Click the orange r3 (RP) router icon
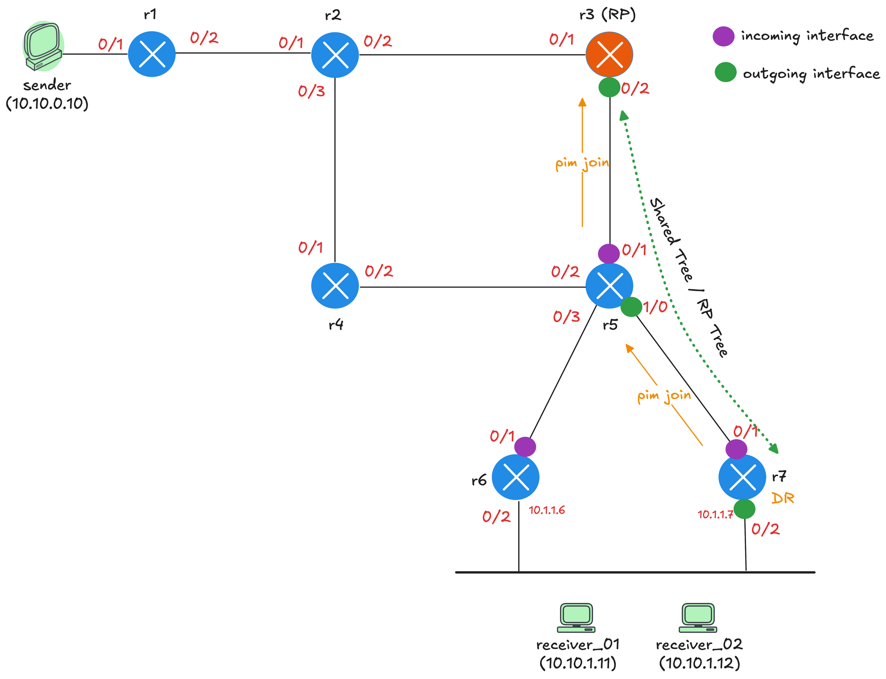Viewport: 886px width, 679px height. (x=609, y=54)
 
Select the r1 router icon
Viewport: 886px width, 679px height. (x=152, y=54)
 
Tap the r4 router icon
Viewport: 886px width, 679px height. (x=335, y=285)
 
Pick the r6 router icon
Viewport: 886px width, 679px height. (x=516, y=477)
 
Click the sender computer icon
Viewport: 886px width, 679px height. (x=43, y=46)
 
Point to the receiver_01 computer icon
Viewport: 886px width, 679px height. (x=576, y=618)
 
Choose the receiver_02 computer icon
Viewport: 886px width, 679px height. (x=698, y=618)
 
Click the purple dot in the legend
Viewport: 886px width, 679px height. (x=723, y=36)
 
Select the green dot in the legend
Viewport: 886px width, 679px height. (x=726, y=73)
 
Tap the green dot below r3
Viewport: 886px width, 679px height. (x=609, y=87)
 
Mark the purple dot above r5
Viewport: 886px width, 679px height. (x=609, y=254)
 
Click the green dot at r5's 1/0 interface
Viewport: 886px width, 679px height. (x=631, y=307)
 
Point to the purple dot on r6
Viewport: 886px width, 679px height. (x=525, y=447)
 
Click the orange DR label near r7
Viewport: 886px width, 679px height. (x=783, y=498)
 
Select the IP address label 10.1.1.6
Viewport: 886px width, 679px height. (x=547, y=510)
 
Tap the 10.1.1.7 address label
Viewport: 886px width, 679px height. (x=715, y=514)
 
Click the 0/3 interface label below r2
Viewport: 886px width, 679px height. (x=311, y=92)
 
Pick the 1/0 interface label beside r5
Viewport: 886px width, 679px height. (x=655, y=307)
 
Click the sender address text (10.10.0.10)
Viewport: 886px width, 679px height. (x=47, y=104)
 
